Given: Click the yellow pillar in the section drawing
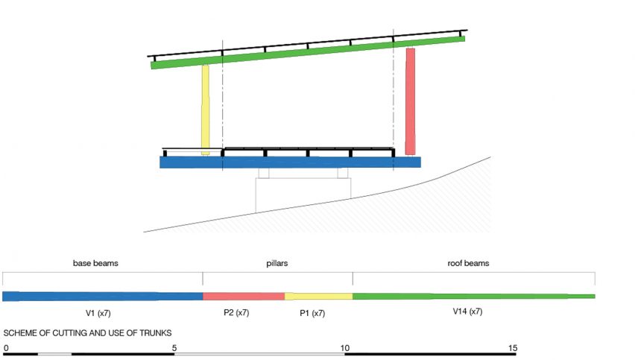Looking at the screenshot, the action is (x=205, y=110).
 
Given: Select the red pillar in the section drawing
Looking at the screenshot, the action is (x=410, y=101).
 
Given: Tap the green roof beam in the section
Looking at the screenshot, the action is (x=308, y=53).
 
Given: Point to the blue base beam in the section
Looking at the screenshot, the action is (x=290, y=162).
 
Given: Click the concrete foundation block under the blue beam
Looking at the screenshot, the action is (x=303, y=194).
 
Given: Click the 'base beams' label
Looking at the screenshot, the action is (x=95, y=263).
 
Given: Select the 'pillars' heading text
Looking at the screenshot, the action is (x=277, y=263).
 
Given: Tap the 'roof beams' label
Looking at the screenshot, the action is (x=468, y=263).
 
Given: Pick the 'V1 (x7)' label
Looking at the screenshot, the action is (x=98, y=313).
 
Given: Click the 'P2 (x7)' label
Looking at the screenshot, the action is (x=236, y=312).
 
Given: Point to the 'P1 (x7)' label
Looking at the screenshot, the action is (x=312, y=313).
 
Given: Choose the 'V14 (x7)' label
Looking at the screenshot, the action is (x=467, y=312).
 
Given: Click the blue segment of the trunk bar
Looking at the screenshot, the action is (x=102, y=296).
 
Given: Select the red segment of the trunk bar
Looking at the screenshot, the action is (x=244, y=296).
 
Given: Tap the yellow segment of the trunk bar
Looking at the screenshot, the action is (x=319, y=296).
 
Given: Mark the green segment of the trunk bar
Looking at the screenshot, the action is (x=474, y=296).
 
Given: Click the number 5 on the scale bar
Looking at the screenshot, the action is (x=174, y=348).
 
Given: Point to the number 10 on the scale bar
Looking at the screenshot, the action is (x=344, y=348).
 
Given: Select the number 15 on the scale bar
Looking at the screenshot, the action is (x=513, y=348).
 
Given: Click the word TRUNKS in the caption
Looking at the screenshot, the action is (x=156, y=333).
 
